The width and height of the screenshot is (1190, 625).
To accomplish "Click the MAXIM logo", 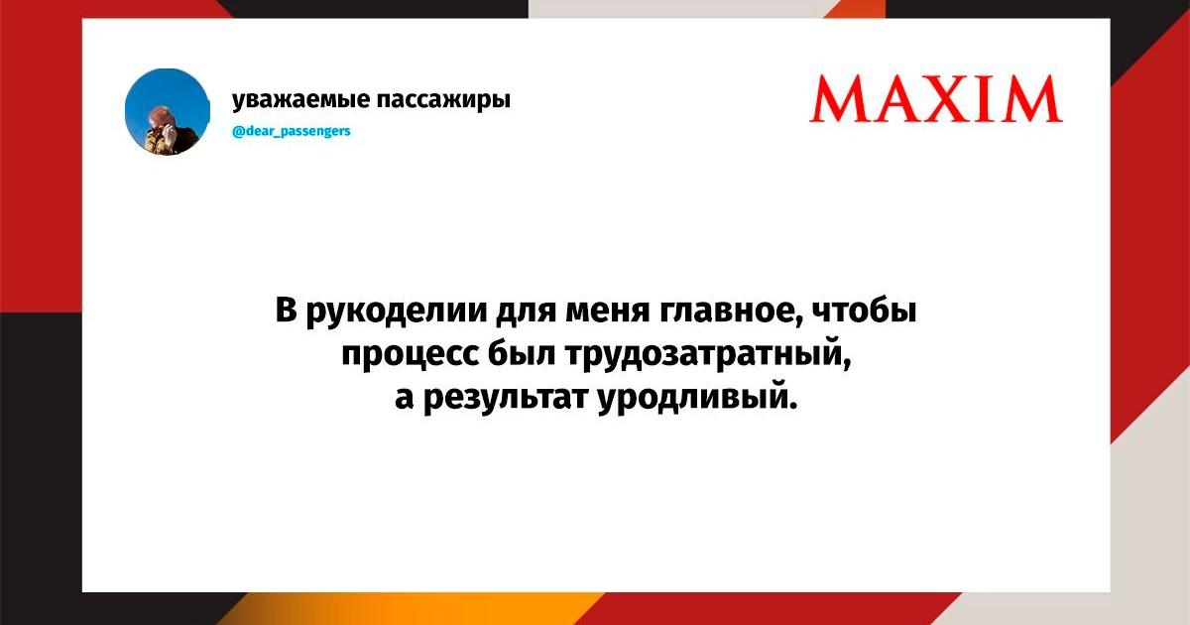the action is click(936, 99).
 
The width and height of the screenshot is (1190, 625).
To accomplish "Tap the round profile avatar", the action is click(168, 111).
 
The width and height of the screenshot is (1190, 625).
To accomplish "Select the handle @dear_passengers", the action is click(292, 131).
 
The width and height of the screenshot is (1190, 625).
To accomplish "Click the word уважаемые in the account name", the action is click(300, 100).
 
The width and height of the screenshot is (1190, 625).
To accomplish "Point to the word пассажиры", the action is click(443, 100).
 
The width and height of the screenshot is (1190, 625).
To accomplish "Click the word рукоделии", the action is click(397, 312).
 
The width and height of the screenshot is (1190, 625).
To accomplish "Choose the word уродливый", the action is click(697, 399).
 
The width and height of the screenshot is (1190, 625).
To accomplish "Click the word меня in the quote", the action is click(606, 312).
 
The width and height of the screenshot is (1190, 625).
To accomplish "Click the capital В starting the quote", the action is click(286, 310).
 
